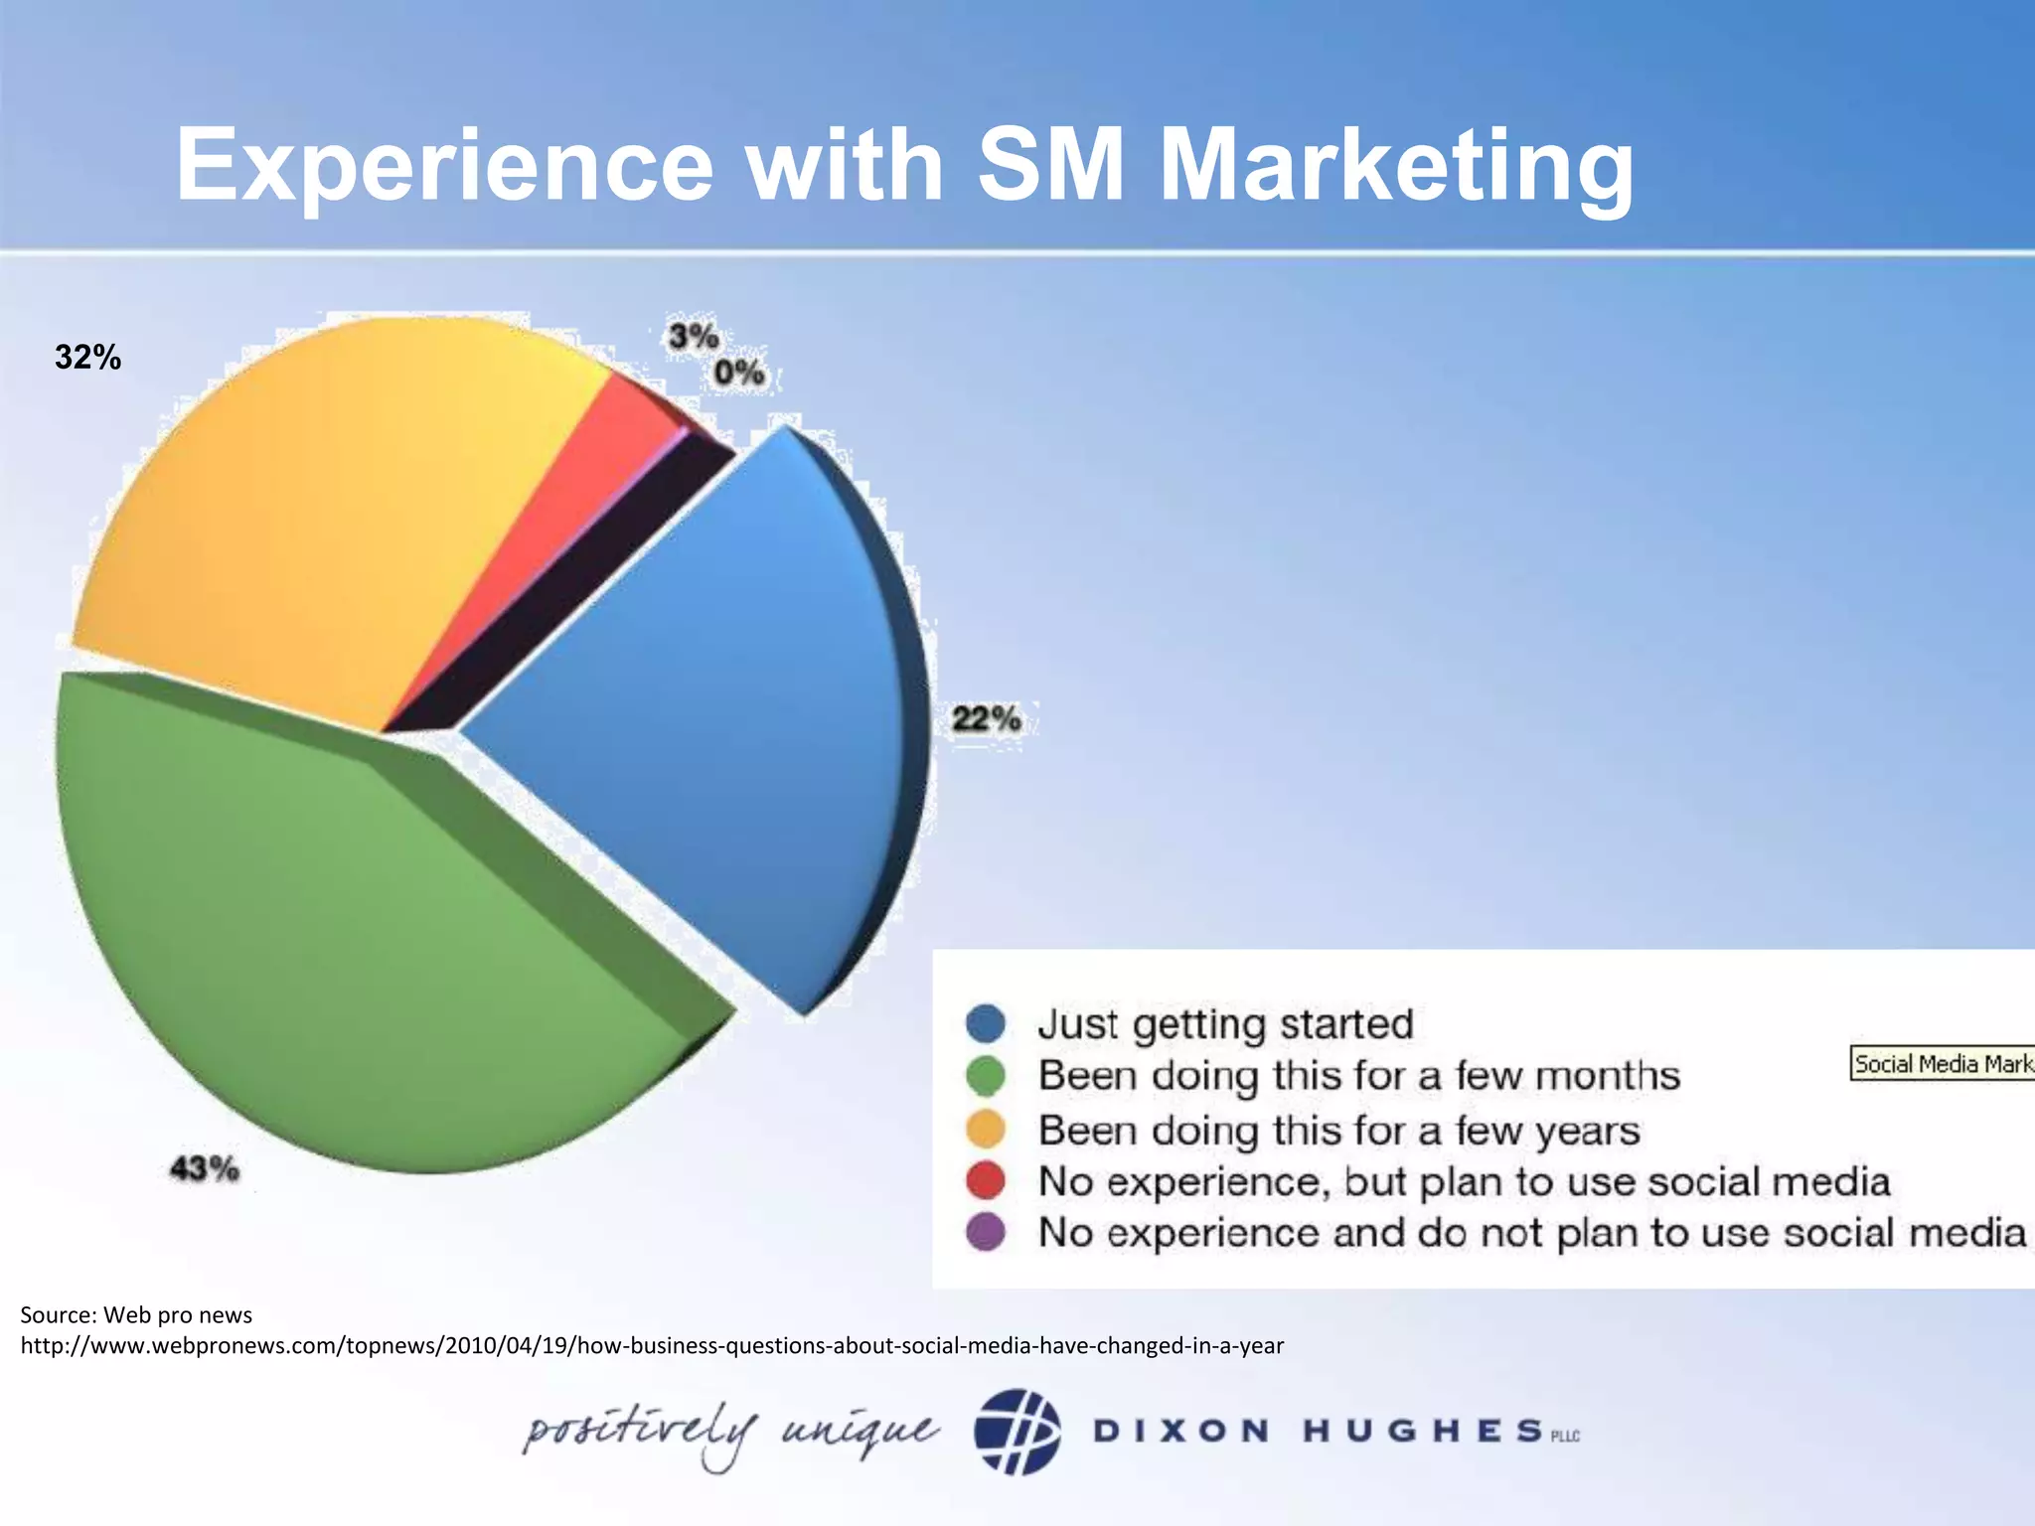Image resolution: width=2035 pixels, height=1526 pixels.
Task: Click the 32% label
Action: pos(87,358)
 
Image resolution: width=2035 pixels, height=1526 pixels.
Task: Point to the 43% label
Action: pos(205,1168)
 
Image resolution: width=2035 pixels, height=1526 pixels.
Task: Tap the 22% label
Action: pos(986,718)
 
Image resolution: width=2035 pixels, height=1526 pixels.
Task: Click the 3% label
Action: pos(693,337)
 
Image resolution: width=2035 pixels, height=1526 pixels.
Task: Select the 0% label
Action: pos(739,374)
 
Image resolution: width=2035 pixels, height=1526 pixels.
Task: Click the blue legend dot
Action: pos(986,1023)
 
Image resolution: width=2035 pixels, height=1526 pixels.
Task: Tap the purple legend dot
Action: pos(986,1233)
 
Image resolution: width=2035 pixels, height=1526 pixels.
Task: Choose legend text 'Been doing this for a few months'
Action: pos(1358,1076)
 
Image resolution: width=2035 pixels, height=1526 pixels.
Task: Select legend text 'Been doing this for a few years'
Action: pos(1338,1131)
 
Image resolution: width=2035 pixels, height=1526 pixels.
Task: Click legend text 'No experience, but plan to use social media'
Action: pos(1464,1182)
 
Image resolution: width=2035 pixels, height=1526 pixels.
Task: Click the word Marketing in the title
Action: pos(1395,165)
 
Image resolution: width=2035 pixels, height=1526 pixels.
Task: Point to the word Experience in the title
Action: pos(444,165)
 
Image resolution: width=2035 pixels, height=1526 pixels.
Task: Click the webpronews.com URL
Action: pos(652,1346)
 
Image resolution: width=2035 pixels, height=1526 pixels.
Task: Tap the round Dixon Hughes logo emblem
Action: pos(1017,1431)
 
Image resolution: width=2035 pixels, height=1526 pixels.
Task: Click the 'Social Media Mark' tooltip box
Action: pos(1942,1064)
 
